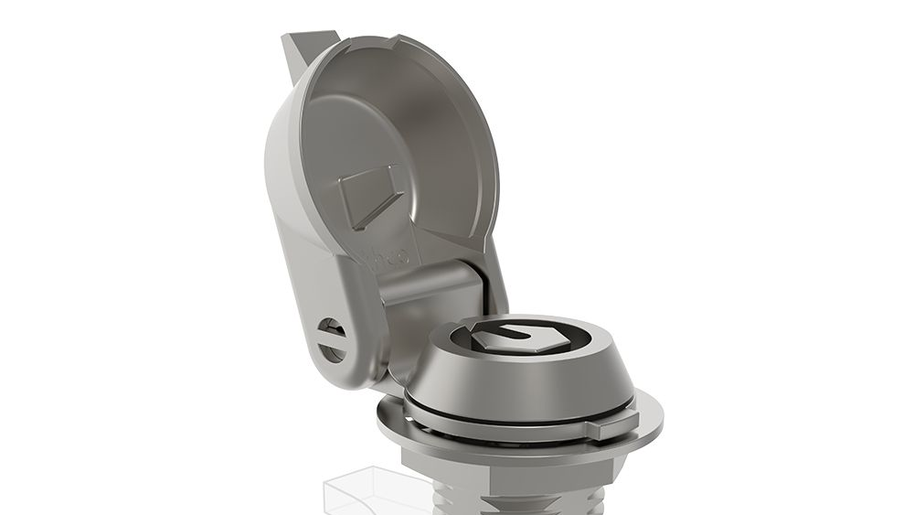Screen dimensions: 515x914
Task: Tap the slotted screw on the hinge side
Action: (x=333, y=338)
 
